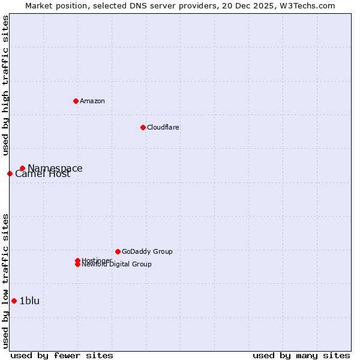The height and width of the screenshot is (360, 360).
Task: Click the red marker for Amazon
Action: coord(76,101)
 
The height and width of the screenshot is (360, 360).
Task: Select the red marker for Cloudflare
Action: coord(143,127)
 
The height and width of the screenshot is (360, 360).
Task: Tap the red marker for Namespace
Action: coord(22,169)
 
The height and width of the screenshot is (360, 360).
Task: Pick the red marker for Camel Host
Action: coord(10,173)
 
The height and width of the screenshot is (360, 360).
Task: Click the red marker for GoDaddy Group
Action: coord(118,251)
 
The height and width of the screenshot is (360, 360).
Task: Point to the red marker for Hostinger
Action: coord(77,260)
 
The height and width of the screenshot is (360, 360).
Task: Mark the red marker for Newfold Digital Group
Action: coord(77,264)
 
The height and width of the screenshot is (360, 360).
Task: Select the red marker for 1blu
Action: coord(14,301)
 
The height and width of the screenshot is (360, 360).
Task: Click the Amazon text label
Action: coord(92,101)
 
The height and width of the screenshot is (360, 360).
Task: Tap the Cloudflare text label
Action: coord(163,127)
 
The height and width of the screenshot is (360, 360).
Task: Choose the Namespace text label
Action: coord(55,169)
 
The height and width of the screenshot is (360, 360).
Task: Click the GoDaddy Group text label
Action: coord(146,251)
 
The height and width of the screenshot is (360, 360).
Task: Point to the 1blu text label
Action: coord(29,301)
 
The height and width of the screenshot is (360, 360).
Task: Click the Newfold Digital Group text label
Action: coord(116,264)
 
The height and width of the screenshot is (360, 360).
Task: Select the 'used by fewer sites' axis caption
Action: coord(62,355)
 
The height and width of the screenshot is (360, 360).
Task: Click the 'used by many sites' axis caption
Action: coord(301,355)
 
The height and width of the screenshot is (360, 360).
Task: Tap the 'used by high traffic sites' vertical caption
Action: coord(5,85)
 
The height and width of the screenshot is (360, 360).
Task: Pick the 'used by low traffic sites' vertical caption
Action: coord(5,280)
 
